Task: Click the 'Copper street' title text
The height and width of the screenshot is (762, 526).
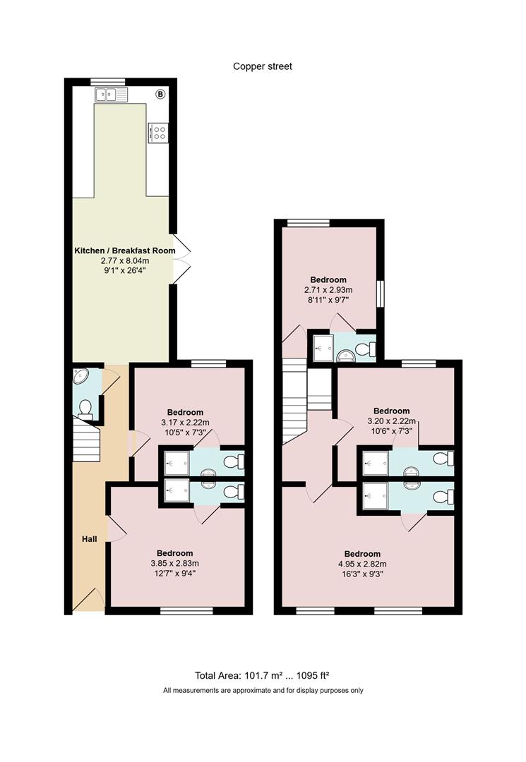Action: tap(263, 66)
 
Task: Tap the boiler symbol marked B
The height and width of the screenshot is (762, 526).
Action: tap(160, 95)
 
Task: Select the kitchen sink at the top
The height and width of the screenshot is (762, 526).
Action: tap(112, 95)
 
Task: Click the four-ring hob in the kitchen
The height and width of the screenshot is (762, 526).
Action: tap(158, 133)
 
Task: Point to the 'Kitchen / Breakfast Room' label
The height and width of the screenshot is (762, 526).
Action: tap(125, 250)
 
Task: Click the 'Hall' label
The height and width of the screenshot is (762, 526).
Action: tap(90, 539)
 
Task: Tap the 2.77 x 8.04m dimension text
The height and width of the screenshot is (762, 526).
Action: tap(125, 261)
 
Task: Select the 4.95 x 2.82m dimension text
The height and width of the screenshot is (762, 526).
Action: tap(362, 564)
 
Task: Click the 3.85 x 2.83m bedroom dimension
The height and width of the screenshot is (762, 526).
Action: tap(175, 564)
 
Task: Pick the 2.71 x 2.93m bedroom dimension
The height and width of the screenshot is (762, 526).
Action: tap(328, 290)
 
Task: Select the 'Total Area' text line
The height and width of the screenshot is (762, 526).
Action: tap(263, 675)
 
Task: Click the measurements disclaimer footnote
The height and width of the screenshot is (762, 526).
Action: tap(263, 690)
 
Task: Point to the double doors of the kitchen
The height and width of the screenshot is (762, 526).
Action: tap(180, 259)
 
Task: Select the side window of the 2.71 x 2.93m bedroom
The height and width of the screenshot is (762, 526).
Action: tap(381, 293)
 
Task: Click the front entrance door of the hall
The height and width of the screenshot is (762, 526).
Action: tap(89, 600)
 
